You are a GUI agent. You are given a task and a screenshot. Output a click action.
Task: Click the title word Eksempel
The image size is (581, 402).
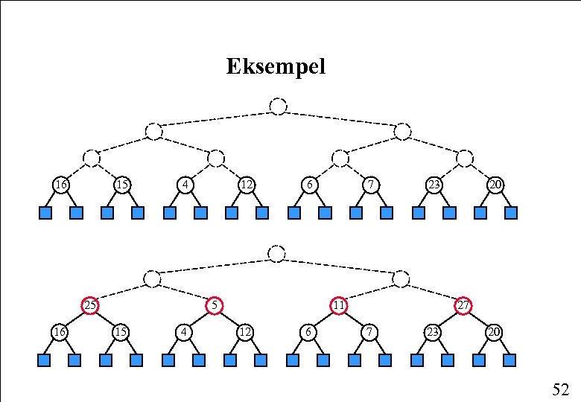(x=276, y=67)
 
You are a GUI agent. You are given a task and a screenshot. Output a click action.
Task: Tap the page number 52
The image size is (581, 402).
(x=560, y=389)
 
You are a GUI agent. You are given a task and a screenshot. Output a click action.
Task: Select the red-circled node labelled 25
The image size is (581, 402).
(x=90, y=305)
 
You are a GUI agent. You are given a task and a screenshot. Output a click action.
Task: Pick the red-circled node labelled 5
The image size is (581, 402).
(x=215, y=305)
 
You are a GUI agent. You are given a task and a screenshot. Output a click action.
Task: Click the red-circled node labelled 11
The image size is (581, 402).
(x=339, y=305)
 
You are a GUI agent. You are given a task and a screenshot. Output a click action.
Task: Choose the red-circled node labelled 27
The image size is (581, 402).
(x=463, y=305)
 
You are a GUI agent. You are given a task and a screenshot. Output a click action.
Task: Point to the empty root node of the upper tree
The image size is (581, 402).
(x=278, y=106)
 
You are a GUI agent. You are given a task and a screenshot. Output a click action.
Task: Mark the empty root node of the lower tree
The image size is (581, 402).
(x=276, y=253)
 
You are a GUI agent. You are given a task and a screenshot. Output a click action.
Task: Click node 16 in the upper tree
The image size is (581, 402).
(x=60, y=184)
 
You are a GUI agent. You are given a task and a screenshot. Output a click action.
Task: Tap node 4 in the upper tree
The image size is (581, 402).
(x=184, y=184)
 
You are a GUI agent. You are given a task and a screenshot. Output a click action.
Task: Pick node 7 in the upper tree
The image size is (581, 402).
(x=370, y=184)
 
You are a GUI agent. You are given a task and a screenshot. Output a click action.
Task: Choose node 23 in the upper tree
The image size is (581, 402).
(x=433, y=184)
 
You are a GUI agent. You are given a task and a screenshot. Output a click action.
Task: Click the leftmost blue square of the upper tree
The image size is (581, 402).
(x=45, y=214)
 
